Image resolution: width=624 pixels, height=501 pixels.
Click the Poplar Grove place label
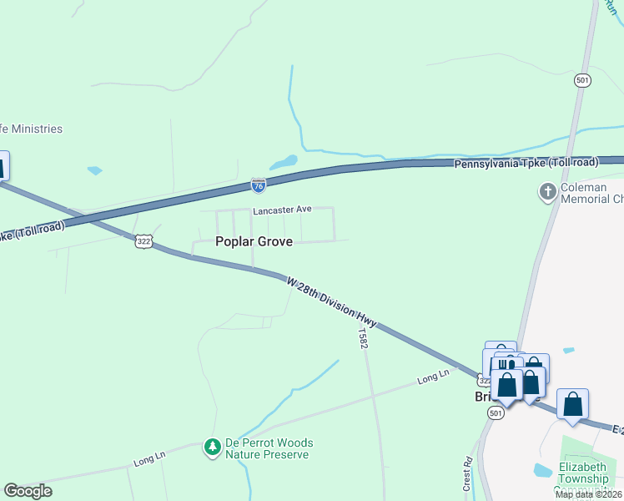254,241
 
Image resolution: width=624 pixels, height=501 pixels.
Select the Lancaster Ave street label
282,210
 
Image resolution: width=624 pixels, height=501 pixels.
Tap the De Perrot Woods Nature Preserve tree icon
213,448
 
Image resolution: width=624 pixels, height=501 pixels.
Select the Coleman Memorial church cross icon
547,193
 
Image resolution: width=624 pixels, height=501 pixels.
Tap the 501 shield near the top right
582,80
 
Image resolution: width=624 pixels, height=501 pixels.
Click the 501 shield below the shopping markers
496,413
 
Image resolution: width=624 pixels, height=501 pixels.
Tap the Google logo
28,491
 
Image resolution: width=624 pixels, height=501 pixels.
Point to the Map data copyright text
589,494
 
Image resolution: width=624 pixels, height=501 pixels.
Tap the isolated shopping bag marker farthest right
572,405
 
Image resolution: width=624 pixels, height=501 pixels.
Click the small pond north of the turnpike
284,161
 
